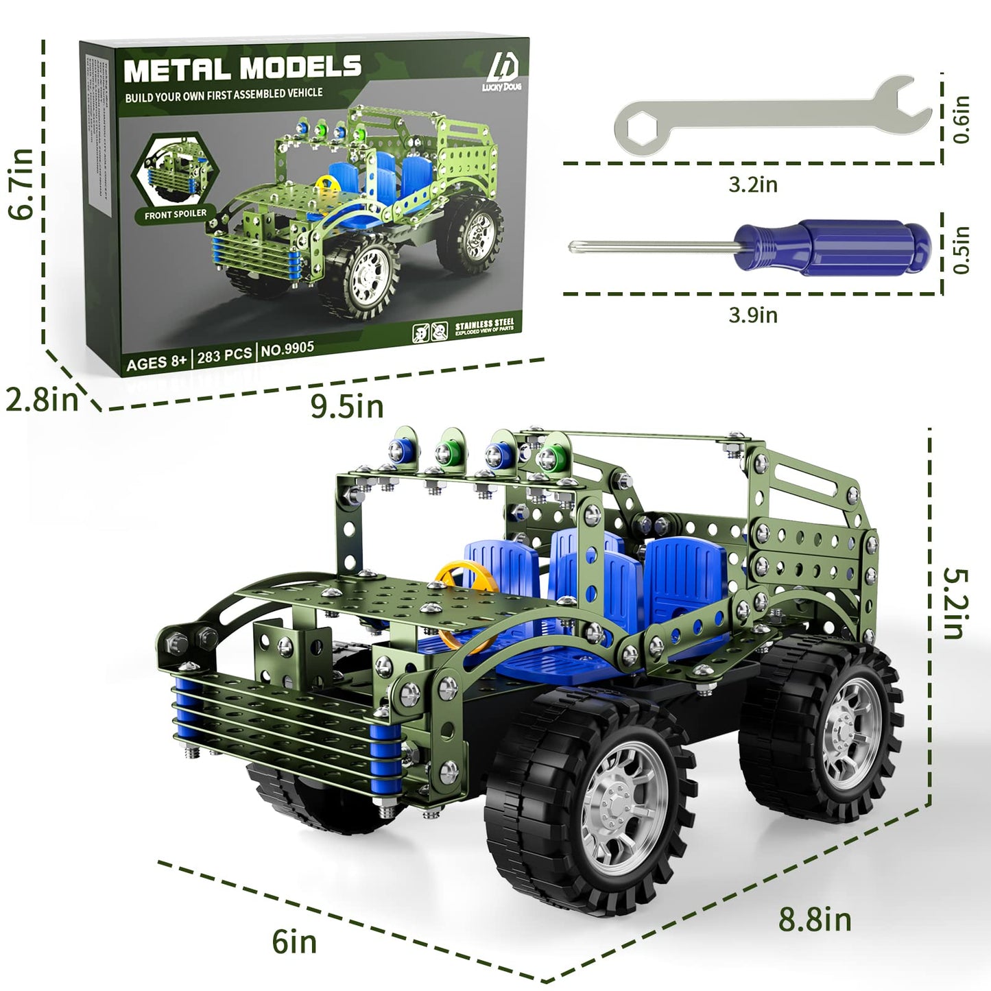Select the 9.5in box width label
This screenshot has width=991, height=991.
click(346, 407)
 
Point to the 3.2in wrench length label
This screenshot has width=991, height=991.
click(752, 184)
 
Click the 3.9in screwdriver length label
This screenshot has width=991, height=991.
click(752, 315)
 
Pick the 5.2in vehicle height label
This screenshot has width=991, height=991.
click(955, 604)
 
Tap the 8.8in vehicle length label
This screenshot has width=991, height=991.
click(814, 919)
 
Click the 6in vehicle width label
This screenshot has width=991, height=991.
click(294, 942)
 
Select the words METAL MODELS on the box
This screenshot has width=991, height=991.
click(242, 69)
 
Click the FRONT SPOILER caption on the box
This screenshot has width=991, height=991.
click(175, 215)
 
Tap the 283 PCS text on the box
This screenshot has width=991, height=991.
click(224, 355)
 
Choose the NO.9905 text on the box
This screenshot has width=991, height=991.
click(287, 349)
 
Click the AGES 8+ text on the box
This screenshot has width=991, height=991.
click(156, 363)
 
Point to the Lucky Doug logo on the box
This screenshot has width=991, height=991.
click(505, 72)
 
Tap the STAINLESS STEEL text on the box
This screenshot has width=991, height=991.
click(484, 324)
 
